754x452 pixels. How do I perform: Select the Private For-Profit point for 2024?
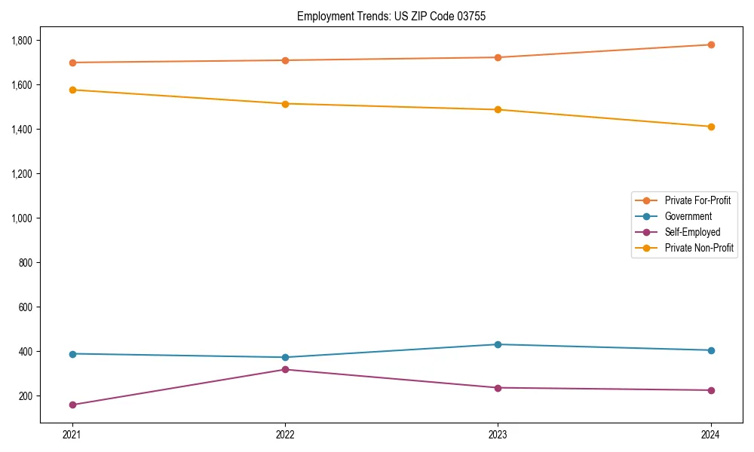pyautogui.click(x=710, y=44)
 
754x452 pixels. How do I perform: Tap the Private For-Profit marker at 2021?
pyautogui.click(x=72, y=63)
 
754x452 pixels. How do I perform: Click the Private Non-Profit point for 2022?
pyautogui.click(x=285, y=104)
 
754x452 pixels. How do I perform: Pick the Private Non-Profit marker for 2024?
pyautogui.click(x=710, y=127)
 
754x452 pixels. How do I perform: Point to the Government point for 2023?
pyautogui.click(x=498, y=344)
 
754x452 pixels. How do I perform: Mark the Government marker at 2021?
pyautogui.click(x=72, y=354)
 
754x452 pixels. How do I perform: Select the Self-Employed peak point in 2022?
pyautogui.click(x=285, y=369)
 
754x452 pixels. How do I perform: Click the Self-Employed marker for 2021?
pyautogui.click(x=72, y=405)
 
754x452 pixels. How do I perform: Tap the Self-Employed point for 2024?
pyautogui.click(x=710, y=390)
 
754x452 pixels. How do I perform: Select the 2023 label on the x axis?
pyautogui.click(x=498, y=435)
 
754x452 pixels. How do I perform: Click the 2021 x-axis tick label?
pyautogui.click(x=72, y=435)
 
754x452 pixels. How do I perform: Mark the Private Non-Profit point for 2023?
pyautogui.click(x=498, y=110)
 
